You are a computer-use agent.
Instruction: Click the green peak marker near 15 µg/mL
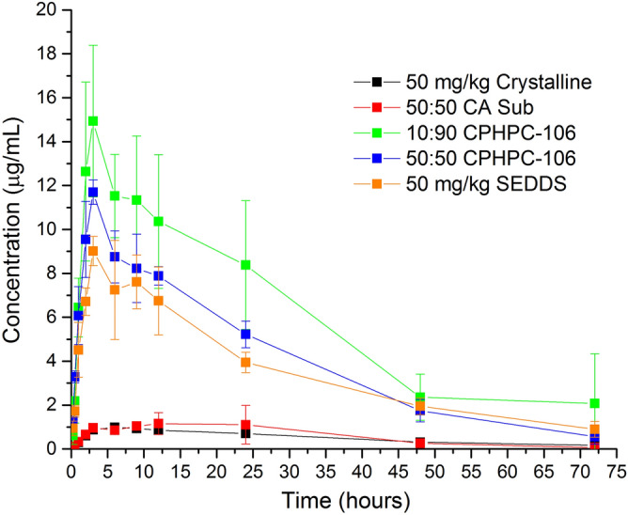pyautogui.click(x=93, y=120)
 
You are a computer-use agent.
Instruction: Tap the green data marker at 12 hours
pyautogui.click(x=158, y=221)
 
